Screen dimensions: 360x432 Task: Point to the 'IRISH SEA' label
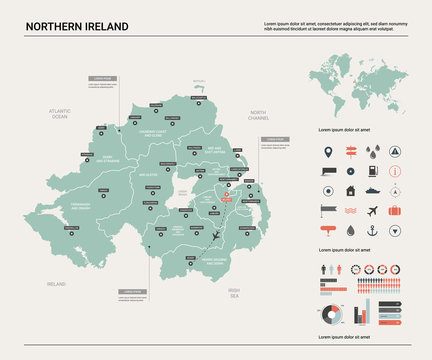(233, 295)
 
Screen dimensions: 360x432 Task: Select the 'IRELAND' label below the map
(55, 284)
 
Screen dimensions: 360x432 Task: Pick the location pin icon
(329, 153)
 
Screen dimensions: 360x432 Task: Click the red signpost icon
(351, 153)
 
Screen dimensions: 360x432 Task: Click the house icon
(351, 190)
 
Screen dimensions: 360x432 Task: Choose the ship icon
(373, 190)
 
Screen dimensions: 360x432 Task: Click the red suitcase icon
(395, 210)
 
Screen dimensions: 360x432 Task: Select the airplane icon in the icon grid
(373, 210)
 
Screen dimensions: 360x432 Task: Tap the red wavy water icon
(351, 210)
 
